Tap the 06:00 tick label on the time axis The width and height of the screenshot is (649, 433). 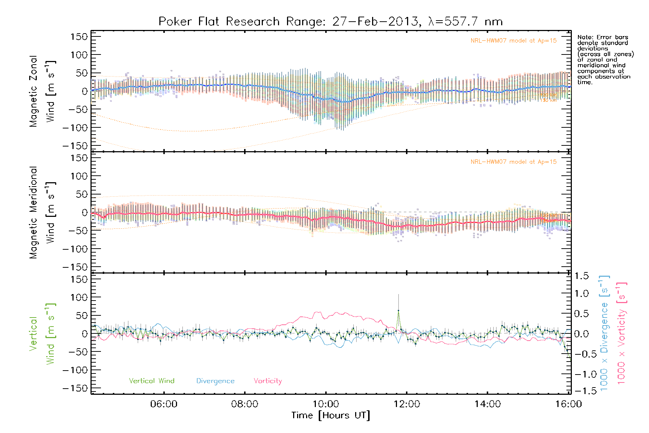(x=164, y=404)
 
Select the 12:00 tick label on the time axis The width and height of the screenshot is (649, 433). (x=407, y=404)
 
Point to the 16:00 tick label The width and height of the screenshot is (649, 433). (x=569, y=404)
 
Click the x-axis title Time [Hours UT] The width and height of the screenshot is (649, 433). (x=331, y=415)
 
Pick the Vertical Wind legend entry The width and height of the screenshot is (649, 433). (x=151, y=381)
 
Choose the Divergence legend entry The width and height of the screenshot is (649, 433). (x=215, y=381)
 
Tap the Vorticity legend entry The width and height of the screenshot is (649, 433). (x=268, y=381)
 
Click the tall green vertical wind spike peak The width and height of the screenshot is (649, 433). (x=398, y=310)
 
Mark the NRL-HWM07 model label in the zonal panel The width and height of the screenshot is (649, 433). (x=513, y=41)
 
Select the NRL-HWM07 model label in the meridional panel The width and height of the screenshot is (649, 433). (x=513, y=162)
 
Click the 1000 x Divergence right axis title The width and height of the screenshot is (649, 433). (x=604, y=334)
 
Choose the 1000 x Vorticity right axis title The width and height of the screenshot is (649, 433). (x=622, y=334)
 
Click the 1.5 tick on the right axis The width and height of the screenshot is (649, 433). (x=582, y=276)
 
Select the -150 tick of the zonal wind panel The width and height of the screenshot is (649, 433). (x=75, y=146)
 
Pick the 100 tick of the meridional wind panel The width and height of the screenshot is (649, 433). (x=79, y=176)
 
